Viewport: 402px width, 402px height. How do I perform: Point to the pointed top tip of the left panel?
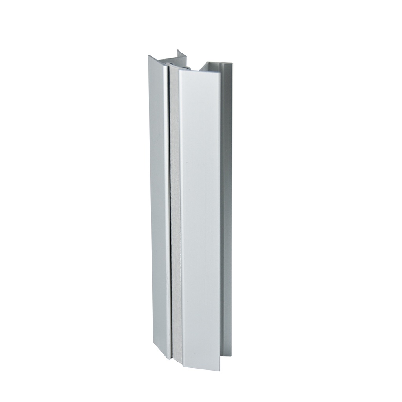[149, 56]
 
